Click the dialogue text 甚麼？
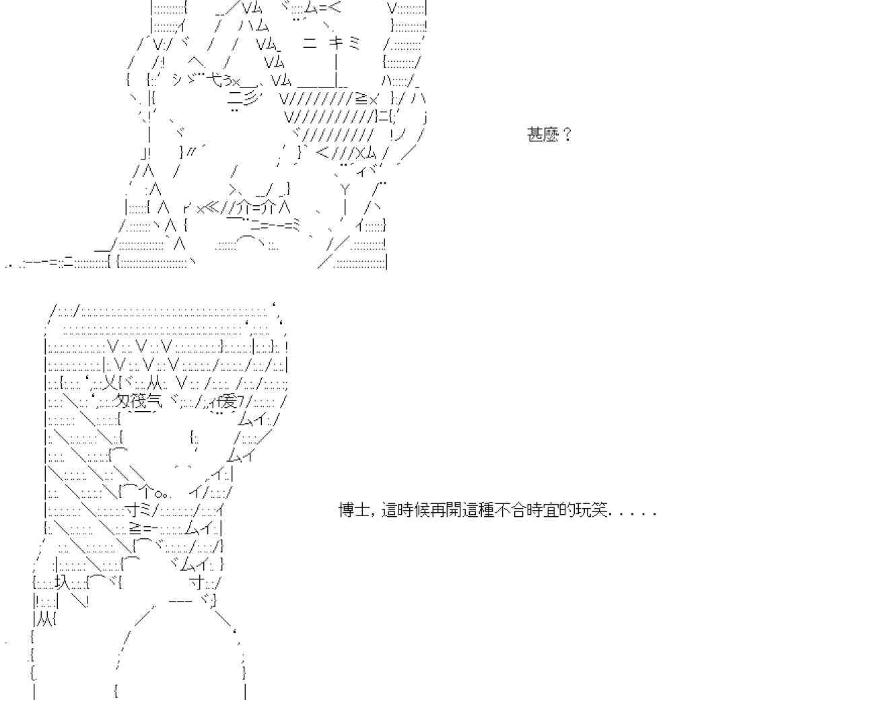(x=549, y=135)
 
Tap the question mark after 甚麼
(x=567, y=135)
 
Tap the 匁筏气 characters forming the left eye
(x=139, y=402)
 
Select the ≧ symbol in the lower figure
(x=135, y=528)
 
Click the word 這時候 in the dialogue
(x=403, y=510)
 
